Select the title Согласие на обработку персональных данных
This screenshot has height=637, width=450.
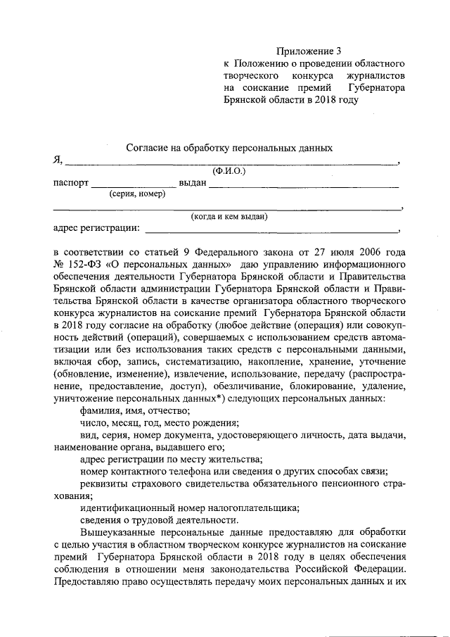pos(229,147)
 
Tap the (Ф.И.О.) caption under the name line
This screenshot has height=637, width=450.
pos(229,170)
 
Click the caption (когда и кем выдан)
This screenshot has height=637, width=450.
pos(230,217)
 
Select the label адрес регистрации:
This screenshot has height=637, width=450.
pos(97,229)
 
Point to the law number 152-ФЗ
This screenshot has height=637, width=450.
pos(84,264)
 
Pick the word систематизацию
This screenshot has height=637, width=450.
pos(195,362)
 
